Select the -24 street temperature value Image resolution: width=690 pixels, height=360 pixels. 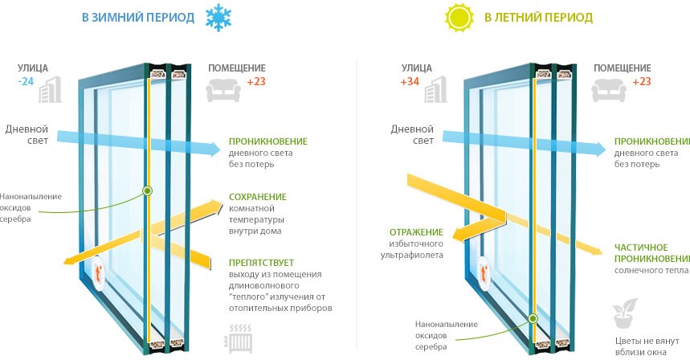point(27,81)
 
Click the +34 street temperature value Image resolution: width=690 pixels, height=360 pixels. point(410,81)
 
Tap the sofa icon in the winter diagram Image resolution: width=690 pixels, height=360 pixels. point(221,92)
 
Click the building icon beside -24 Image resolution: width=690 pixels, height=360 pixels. point(53,88)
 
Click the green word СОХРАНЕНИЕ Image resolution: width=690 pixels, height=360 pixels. point(257,197)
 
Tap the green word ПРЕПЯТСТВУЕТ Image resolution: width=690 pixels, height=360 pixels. point(261,262)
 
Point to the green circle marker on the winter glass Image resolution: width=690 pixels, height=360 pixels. point(147,190)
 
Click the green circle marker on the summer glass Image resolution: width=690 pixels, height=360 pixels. point(532,319)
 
